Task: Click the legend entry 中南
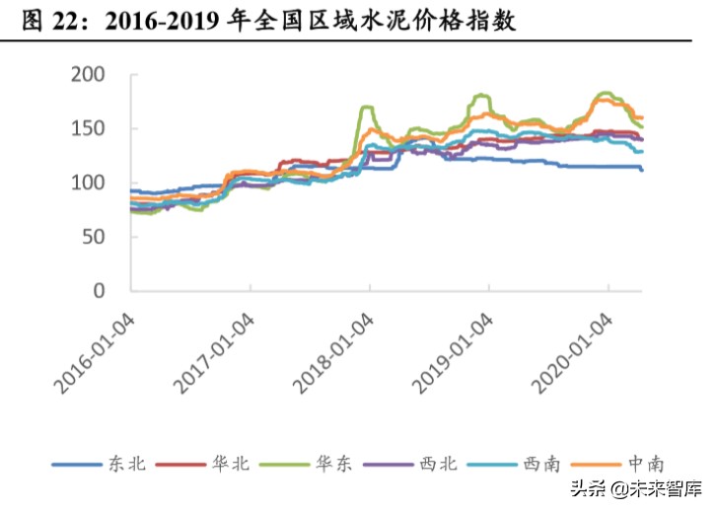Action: pos(643,463)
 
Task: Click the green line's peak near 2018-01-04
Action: pos(367,107)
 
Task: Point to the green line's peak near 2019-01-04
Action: pos(481,95)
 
